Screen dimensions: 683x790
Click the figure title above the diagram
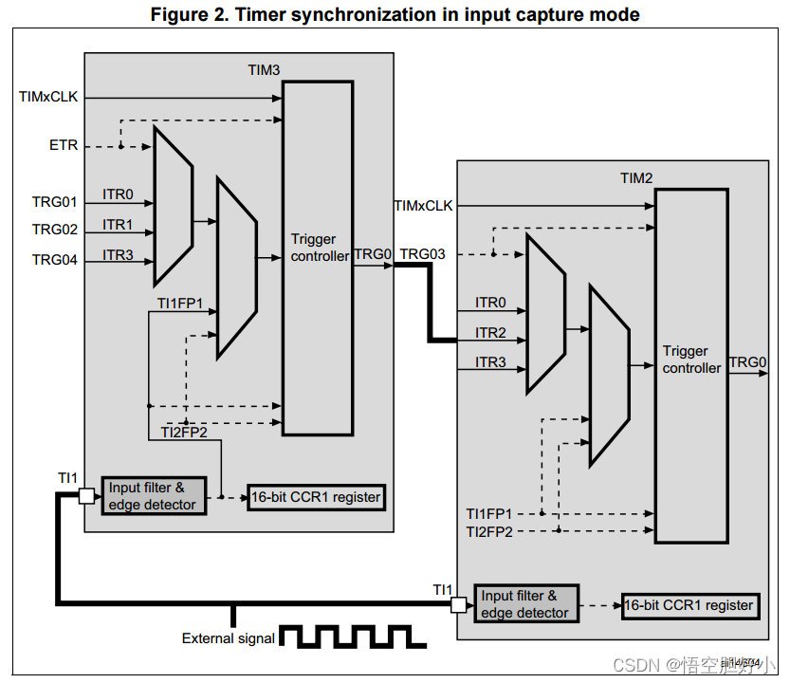pyautogui.click(x=395, y=14)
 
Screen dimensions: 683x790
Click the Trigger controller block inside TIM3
pyautogui.click(x=319, y=256)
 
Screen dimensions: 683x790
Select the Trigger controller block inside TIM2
pyautogui.click(x=691, y=365)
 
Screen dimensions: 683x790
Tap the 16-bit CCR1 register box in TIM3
pyautogui.click(x=316, y=497)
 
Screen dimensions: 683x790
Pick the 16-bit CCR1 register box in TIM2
pyautogui.click(x=689, y=605)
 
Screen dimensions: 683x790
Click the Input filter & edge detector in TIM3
pyautogui.click(x=152, y=496)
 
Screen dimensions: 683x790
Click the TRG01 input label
pyautogui.click(x=55, y=201)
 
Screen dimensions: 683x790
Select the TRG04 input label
pyautogui.click(x=55, y=260)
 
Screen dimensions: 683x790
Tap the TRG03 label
pyautogui.click(x=423, y=254)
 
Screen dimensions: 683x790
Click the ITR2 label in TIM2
pyautogui.click(x=491, y=333)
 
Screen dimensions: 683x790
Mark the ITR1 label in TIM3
pyautogui.click(x=118, y=225)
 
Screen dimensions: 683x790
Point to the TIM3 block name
pyautogui.click(x=263, y=70)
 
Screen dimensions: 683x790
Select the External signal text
pyautogui.click(x=229, y=638)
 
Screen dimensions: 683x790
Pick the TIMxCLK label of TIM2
pyautogui.click(x=424, y=206)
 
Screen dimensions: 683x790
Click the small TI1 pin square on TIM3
pyautogui.click(x=86, y=496)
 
